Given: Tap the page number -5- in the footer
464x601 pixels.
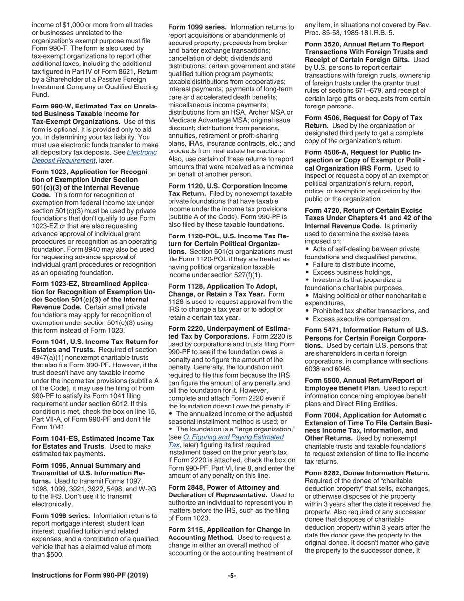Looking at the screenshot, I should pos(232,575).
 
